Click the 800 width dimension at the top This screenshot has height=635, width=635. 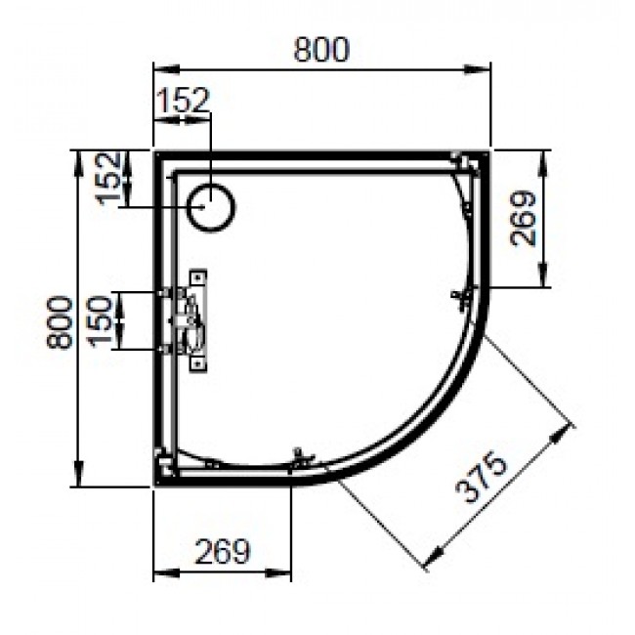(321, 50)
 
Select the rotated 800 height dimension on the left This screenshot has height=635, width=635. (60, 321)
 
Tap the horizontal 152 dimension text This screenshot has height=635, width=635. (182, 99)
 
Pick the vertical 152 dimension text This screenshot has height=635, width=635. (111, 178)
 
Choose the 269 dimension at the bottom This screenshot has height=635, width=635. (223, 551)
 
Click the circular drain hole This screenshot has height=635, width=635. (212, 207)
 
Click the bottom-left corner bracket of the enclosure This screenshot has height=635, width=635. (164, 465)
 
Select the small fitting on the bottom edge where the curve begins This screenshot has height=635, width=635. (301, 456)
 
